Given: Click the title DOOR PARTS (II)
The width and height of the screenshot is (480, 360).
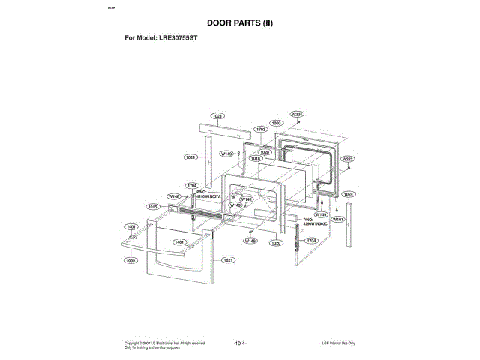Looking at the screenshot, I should [x=239, y=23].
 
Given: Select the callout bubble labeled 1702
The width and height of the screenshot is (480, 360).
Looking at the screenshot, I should [x=261, y=130].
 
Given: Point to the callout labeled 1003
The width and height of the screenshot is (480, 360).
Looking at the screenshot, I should [x=276, y=122].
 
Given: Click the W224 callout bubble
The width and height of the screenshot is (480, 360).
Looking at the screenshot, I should [x=297, y=114].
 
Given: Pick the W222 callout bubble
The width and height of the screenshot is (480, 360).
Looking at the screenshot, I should [x=347, y=159].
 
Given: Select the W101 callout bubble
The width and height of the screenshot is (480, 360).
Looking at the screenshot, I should [x=337, y=220].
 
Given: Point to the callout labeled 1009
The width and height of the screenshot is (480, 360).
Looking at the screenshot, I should [x=131, y=260].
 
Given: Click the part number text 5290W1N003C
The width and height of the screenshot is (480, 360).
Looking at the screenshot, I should [x=316, y=224].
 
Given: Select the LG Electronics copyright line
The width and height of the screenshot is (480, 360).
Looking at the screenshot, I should [x=165, y=343].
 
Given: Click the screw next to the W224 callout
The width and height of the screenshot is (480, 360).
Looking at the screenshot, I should [x=299, y=122].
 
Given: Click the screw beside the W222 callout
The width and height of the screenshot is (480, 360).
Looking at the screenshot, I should [x=349, y=168].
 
